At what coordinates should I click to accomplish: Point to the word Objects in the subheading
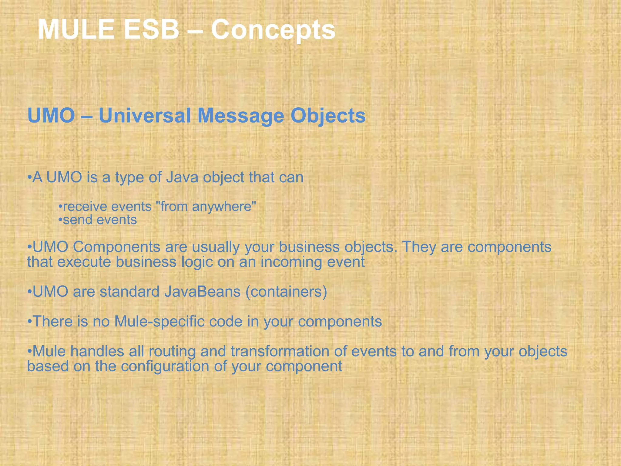[328, 116]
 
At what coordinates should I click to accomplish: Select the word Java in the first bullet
[182, 177]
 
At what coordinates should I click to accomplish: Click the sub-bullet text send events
[100, 220]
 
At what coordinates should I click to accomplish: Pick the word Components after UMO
[116, 247]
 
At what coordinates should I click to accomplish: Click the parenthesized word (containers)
[286, 292]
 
